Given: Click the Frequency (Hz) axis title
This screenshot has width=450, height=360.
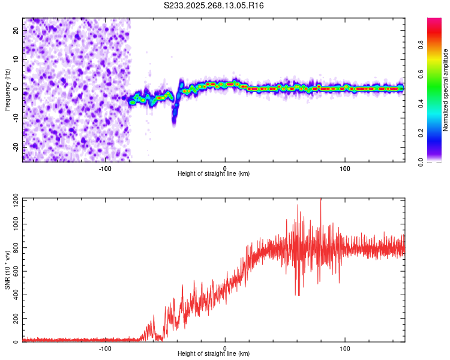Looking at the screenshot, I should coord(7,90).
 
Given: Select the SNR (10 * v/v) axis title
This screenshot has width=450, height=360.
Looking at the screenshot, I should coord(7,270).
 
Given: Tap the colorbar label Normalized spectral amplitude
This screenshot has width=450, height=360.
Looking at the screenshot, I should coord(445,90).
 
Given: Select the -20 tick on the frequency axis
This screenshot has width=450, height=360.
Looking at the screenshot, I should coord(15,147).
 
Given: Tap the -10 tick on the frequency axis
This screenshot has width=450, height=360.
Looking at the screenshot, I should coord(15,118).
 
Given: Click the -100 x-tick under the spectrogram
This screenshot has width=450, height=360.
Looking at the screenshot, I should coord(105,167).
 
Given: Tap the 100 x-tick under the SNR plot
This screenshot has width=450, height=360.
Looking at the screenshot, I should coord(345,347).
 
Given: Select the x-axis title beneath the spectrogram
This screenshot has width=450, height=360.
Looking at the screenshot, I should coord(214,174).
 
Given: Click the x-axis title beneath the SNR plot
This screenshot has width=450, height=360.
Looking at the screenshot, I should coord(214,354).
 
